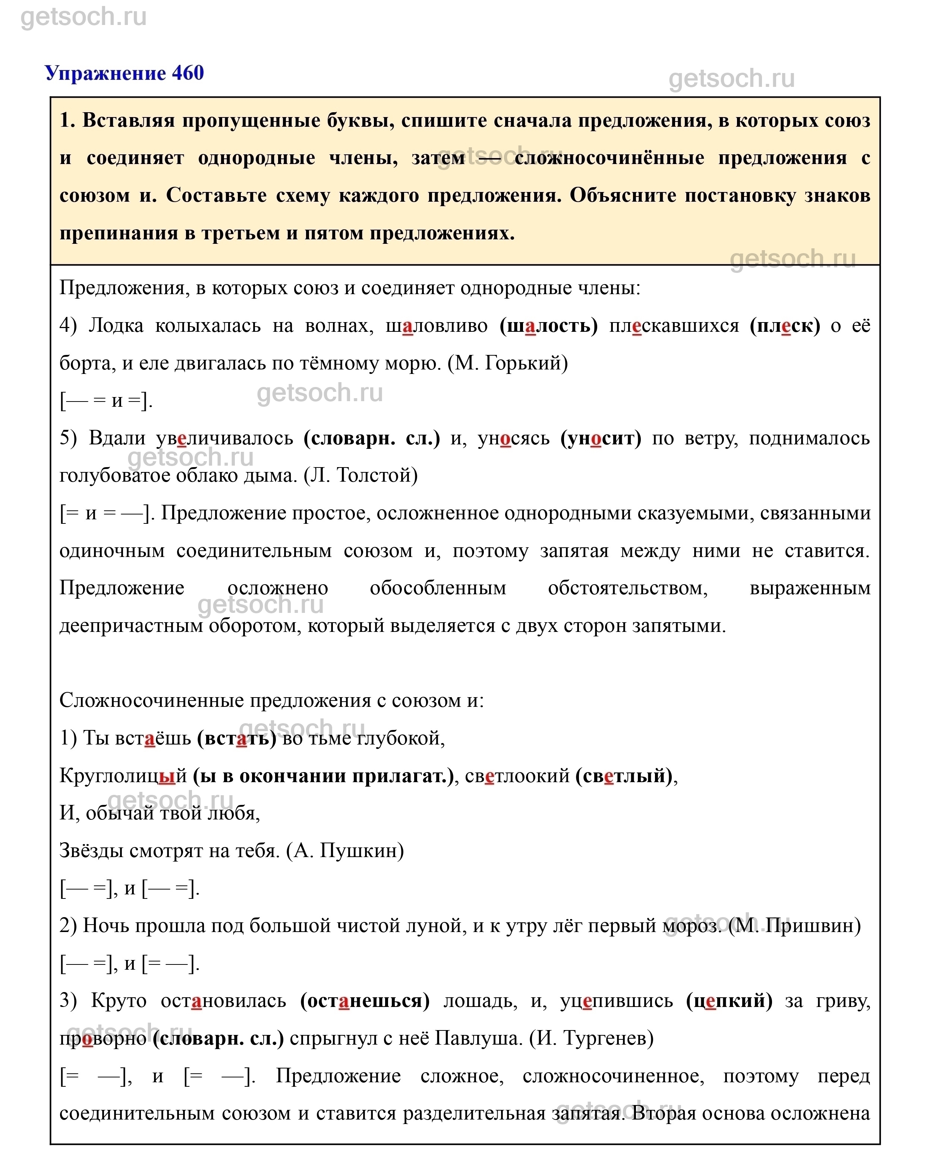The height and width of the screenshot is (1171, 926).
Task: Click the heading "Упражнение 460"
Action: [124, 73]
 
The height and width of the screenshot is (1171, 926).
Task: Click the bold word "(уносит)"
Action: [601, 438]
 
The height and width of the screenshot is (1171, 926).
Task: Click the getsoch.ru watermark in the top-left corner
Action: [84, 18]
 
